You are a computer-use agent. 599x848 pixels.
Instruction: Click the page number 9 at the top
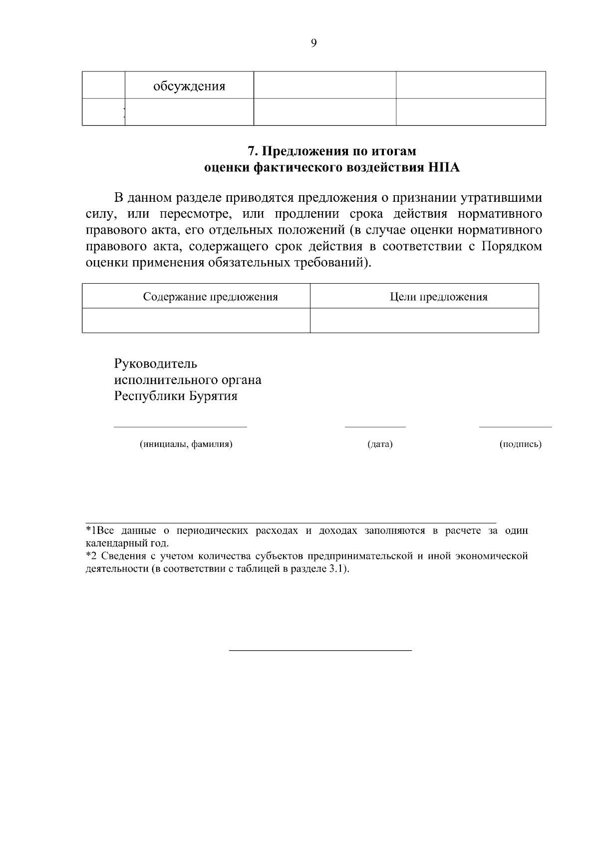313,43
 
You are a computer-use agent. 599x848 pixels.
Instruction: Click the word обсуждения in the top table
189,86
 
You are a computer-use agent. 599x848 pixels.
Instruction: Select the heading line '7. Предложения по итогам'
332,151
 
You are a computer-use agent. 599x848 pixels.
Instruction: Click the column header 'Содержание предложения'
210,297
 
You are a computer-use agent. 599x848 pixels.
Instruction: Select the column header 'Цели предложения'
438,297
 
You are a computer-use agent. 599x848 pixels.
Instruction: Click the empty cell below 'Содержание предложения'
196,320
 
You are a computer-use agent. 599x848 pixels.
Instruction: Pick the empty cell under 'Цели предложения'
424,320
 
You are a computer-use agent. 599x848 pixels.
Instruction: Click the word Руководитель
155,363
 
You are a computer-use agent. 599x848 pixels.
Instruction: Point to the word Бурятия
213,396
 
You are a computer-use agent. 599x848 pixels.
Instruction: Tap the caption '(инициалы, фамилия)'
186,444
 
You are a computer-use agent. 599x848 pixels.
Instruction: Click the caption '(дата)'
380,444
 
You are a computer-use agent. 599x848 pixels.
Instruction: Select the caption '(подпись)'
520,444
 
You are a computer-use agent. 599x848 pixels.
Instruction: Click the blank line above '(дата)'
375,427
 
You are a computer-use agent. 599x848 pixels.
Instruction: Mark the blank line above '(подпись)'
515,427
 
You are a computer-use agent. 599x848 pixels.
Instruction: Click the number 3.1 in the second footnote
336,569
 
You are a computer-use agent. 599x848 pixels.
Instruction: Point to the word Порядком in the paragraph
512,247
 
